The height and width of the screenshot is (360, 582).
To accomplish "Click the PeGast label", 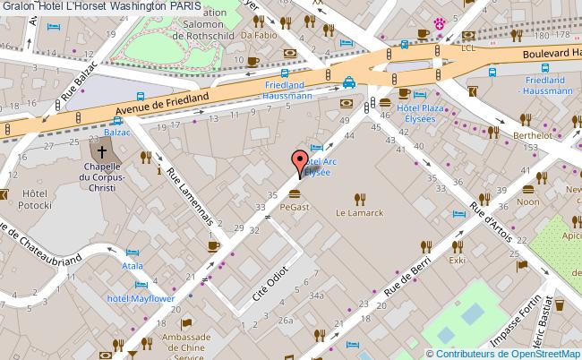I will coord(295,207).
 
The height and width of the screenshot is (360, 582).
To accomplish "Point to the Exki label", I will coord(458,261).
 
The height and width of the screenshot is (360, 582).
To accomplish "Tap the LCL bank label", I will coord(466,48).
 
